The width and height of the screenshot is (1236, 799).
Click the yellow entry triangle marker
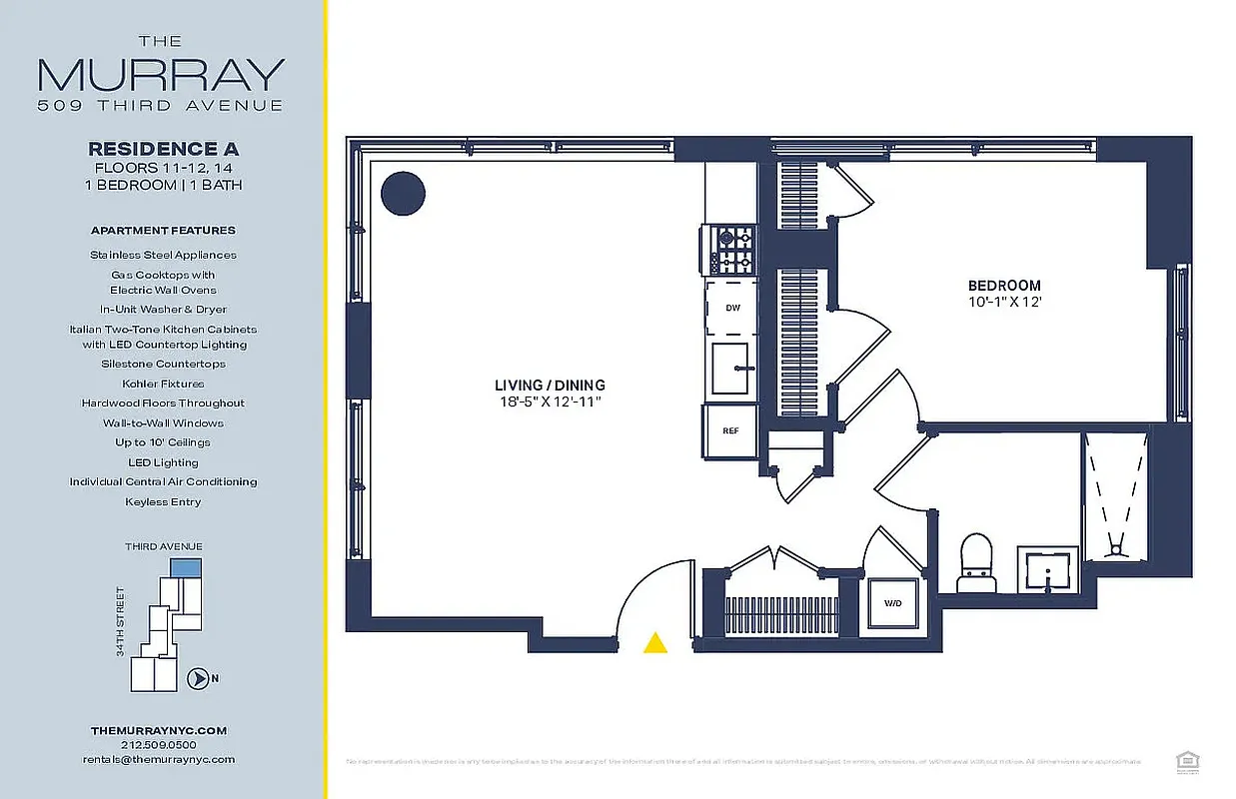pyautogui.click(x=655, y=643)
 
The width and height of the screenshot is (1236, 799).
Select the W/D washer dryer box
pyautogui.click(x=891, y=603)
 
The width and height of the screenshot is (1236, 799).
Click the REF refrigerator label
pyautogui.click(x=731, y=430)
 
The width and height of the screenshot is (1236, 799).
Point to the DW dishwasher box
pyautogui.click(x=732, y=309)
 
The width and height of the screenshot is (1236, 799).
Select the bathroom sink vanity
pyautogui.click(x=1047, y=569)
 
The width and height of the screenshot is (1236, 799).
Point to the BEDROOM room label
pyautogui.click(x=1003, y=286)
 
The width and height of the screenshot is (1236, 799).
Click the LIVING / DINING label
pyautogui.click(x=550, y=385)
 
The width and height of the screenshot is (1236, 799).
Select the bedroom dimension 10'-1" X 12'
pyautogui.click(x=1003, y=302)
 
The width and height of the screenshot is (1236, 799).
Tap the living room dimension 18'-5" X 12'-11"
pyautogui.click(x=550, y=401)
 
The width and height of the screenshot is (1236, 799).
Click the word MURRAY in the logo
pyautogui.click(x=161, y=76)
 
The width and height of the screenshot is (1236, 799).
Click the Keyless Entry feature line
pyautogui.click(x=162, y=501)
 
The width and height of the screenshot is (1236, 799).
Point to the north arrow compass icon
pyautogui.click(x=199, y=679)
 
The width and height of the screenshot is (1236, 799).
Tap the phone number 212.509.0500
pyautogui.click(x=159, y=745)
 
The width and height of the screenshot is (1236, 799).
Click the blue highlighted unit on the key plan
pyautogui.click(x=185, y=567)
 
